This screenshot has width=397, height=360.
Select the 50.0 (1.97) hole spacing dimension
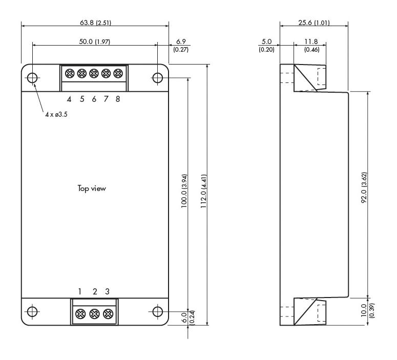pos(94,40)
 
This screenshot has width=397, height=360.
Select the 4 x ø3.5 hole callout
pos(56,114)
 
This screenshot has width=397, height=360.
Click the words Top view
pos(92,188)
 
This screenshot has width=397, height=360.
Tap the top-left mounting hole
pos(32,78)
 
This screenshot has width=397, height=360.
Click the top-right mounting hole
pos(158,78)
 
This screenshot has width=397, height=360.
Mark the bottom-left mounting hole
pos(32,311)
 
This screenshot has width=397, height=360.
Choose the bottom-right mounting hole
pos(158,311)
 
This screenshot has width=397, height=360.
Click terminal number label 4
pos(69,99)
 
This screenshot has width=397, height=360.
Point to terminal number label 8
pos(118,99)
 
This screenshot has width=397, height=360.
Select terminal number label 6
pos(94,99)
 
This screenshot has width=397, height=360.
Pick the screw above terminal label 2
pos(94,313)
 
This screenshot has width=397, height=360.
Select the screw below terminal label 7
pos(106,73)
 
